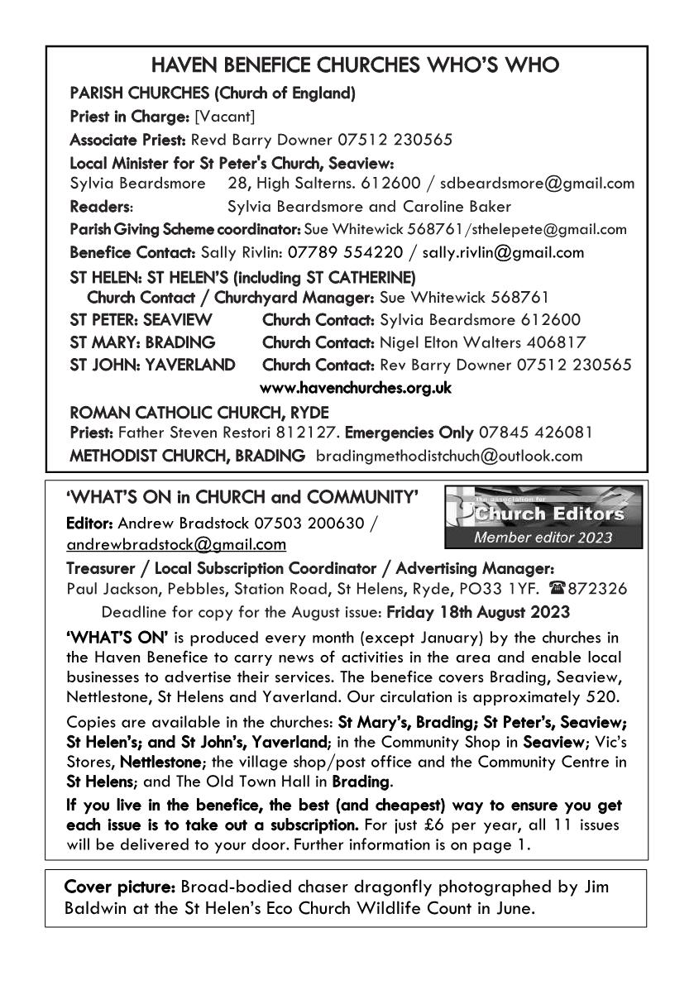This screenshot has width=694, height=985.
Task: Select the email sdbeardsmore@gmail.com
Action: [x=546, y=184]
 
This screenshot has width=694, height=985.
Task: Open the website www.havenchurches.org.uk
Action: [x=356, y=387]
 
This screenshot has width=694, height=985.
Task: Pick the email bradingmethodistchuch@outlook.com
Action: [x=449, y=455]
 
